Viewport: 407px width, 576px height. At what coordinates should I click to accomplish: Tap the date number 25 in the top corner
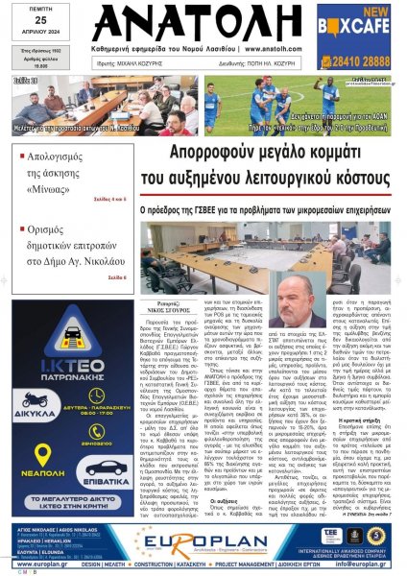point(26,21)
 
